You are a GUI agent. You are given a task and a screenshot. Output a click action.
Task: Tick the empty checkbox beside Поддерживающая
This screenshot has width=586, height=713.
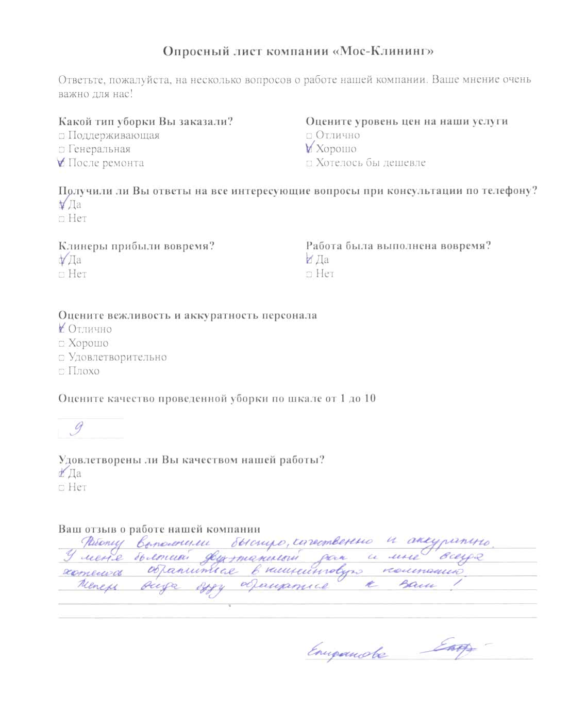pyautogui.click(x=61, y=136)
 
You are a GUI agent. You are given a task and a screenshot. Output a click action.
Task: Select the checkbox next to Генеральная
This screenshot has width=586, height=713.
pyautogui.click(x=61, y=150)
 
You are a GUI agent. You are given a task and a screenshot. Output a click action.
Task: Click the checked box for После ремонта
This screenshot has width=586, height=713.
pyautogui.click(x=61, y=163)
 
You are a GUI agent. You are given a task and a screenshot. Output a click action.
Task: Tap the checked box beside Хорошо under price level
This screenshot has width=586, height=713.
pyautogui.click(x=309, y=149)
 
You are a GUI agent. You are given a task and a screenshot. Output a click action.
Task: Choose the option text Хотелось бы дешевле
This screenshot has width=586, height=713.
pyautogui.click(x=371, y=163)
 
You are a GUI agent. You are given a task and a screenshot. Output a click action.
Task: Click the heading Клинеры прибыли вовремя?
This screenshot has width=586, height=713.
pyautogui.click(x=136, y=246)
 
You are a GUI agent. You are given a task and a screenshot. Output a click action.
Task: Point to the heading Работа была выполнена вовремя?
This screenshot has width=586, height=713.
pyautogui.click(x=398, y=246)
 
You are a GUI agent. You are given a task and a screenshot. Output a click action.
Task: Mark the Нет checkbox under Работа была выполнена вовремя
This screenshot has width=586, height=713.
pyautogui.click(x=309, y=274)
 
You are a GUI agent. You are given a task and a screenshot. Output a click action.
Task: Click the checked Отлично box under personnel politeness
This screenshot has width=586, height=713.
pyautogui.click(x=62, y=329)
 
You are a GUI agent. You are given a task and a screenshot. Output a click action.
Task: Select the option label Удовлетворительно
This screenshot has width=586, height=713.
pyautogui.click(x=118, y=357)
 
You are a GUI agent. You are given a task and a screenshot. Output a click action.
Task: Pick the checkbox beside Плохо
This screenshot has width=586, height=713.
pyautogui.click(x=61, y=371)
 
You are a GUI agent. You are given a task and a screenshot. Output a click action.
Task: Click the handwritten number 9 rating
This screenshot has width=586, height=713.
pyautogui.click(x=78, y=429)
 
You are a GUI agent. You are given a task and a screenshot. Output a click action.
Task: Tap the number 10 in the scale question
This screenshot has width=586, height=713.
pyautogui.click(x=370, y=398)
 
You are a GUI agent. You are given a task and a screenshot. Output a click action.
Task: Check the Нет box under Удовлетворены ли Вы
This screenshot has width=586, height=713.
pyautogui.click(x=61, y=488)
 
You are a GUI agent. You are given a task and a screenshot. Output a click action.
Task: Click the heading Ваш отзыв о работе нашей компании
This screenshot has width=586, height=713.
pyautogui.click(x=159, y=529)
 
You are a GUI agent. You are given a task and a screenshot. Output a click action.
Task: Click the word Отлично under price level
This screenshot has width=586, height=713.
pyautogui.click(x=338, y=135)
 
